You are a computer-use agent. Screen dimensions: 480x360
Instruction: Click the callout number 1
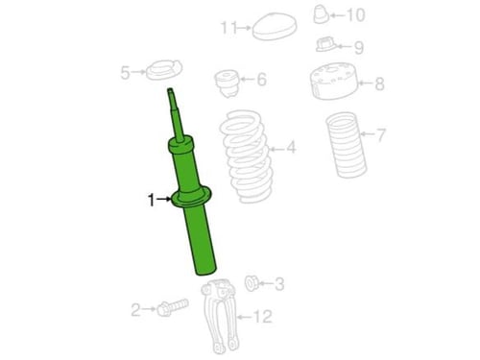(x=152, y=201)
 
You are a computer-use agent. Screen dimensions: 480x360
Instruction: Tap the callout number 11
(x=229, y=28)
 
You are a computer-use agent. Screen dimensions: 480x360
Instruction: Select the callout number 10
(x=356, y=15)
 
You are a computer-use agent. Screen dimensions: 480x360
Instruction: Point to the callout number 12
(x=263, y=317)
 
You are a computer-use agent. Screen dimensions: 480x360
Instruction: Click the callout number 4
(x=291, y=148)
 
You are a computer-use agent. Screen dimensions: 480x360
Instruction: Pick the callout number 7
(x=381, y=134)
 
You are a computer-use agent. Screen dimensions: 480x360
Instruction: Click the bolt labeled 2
(x=172, y=307)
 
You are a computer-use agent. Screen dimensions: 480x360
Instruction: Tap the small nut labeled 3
(x=252, y=283)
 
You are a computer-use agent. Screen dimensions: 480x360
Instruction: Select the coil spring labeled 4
(x=247, y=156)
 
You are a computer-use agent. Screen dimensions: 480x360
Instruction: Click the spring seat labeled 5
(x=164, y=71)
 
